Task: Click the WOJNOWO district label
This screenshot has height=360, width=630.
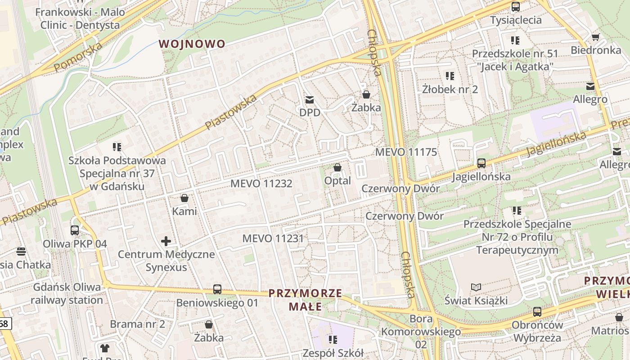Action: (x=192, y=44)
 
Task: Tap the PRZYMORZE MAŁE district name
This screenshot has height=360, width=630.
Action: (x=305, y=300)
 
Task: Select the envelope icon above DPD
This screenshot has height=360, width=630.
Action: (x=309, y=100)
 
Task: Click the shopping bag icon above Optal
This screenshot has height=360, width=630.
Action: (x=337, y=168)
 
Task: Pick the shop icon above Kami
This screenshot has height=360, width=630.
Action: (x=184, y=198)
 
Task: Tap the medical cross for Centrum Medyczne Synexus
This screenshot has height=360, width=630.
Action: (x=166, y=241)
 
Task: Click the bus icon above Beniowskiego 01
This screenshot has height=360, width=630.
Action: (x=217, y=289)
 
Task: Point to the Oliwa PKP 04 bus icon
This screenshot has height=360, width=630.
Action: (x=75, y=230)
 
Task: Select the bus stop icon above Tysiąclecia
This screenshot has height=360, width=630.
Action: (x=516, y=7)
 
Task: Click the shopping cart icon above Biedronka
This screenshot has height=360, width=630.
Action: (x=595, y=37)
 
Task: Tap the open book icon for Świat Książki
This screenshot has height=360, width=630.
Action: (x=476, y=287)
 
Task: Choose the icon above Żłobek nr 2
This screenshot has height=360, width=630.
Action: (x=450, y=76)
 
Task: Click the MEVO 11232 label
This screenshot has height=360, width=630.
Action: (x=261, y=184)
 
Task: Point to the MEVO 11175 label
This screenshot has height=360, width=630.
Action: (x=406, y=152)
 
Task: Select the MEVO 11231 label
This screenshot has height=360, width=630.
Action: (x=273, y=238)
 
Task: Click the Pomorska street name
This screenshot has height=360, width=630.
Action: (x=78, y=54)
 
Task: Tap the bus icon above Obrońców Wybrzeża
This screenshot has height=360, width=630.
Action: (x=537, y=311)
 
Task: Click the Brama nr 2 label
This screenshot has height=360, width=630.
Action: (x=137, y=324)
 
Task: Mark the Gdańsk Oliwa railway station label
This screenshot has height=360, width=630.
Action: (x=67, y=293)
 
